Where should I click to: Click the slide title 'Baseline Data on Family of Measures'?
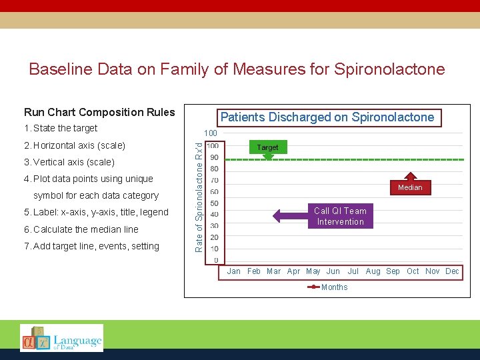237,69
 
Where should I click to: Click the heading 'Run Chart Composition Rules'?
99,112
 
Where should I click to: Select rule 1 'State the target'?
60,128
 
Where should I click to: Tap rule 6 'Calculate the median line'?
81,229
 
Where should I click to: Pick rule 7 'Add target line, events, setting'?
91,246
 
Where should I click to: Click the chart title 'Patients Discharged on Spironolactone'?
327,117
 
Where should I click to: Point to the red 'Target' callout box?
267,147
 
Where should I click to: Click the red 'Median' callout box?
410,187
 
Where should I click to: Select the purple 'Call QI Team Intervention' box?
340,217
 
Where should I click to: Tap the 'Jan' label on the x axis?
234,271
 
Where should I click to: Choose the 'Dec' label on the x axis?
452,271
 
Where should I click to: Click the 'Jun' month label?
333,271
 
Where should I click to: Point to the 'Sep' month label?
393,271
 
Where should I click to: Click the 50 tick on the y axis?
213,203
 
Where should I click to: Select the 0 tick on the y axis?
215,260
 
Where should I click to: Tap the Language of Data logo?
61,338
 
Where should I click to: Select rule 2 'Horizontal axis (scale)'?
74,145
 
